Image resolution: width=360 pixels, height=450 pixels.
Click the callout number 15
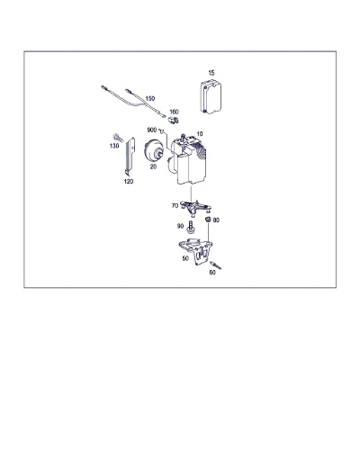coord(211,73)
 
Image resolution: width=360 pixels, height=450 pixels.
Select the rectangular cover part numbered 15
coord(211,96)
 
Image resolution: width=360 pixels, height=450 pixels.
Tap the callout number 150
coord(150,98)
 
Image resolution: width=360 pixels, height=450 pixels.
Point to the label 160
coord(174,112)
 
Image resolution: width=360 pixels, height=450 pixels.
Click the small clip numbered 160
coord(174,120)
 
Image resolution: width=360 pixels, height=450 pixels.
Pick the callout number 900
coord(152,130)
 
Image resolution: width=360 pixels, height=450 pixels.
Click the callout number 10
coord(200,133)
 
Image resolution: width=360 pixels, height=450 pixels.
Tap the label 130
coord(114,146)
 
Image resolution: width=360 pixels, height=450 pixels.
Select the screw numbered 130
coord(118,138)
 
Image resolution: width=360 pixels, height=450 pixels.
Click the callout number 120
coord(129,182)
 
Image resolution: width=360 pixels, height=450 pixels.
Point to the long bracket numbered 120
coord(130,156)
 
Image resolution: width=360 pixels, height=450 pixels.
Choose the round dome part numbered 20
coord(153,151)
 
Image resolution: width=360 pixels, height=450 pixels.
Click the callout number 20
coord(153,166)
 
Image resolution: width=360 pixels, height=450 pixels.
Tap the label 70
coord(175,206)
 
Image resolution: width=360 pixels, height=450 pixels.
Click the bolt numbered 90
coord(190,227)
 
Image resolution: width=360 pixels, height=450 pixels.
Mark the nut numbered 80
coord(208,220)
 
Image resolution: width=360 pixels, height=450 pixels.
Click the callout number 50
coord(185,258)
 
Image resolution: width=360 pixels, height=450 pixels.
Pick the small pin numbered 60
coord(216,265)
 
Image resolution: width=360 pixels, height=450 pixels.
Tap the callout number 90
coord(180,226)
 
